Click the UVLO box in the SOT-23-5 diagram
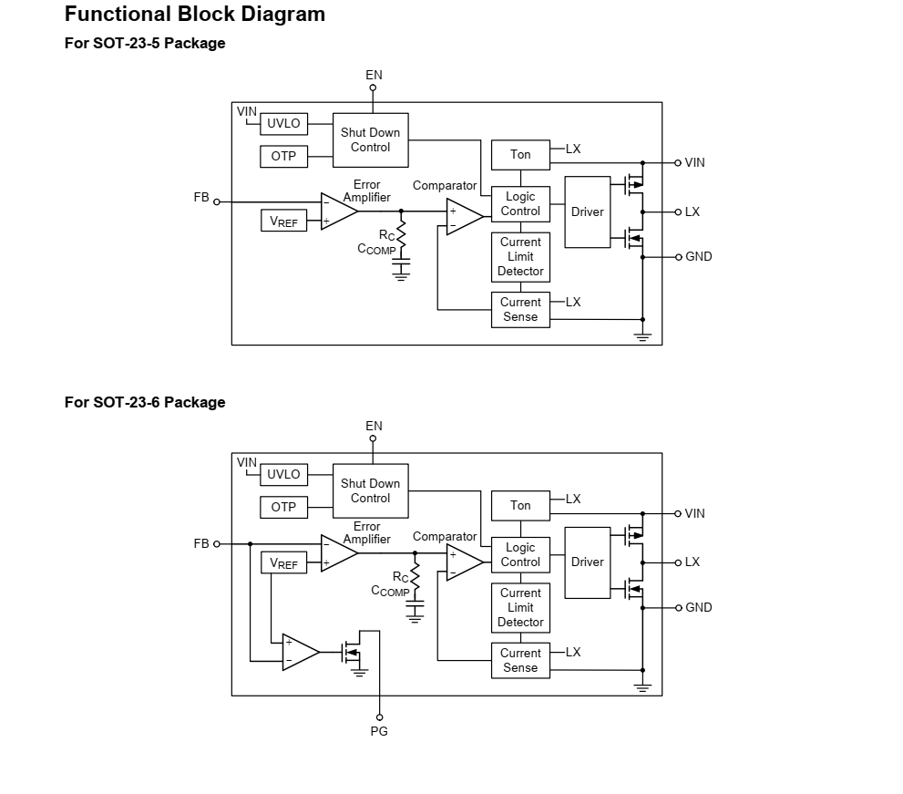coord(283,124)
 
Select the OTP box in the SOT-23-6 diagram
coord(283,507)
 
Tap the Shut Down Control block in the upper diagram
coord(370,139)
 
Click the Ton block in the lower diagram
coord(520,505)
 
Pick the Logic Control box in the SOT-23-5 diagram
coord(520,203)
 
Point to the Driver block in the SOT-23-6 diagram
coord(587,562)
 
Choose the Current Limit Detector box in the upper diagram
coord(520,257)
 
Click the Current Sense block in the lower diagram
coord(520,660)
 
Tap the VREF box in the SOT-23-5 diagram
coord(283,221)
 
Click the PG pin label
coord(379,731)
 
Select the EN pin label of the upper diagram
coord(374,75)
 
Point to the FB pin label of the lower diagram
coord(201,543)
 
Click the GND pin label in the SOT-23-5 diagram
coord(699,257)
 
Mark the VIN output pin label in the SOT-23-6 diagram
coord(695,513)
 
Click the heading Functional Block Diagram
coord(195,15)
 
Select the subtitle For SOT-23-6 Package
coord(145,402)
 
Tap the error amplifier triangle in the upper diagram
coord(337,211)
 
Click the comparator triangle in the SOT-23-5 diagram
coord(463,217)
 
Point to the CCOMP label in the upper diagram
coord(376,249)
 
